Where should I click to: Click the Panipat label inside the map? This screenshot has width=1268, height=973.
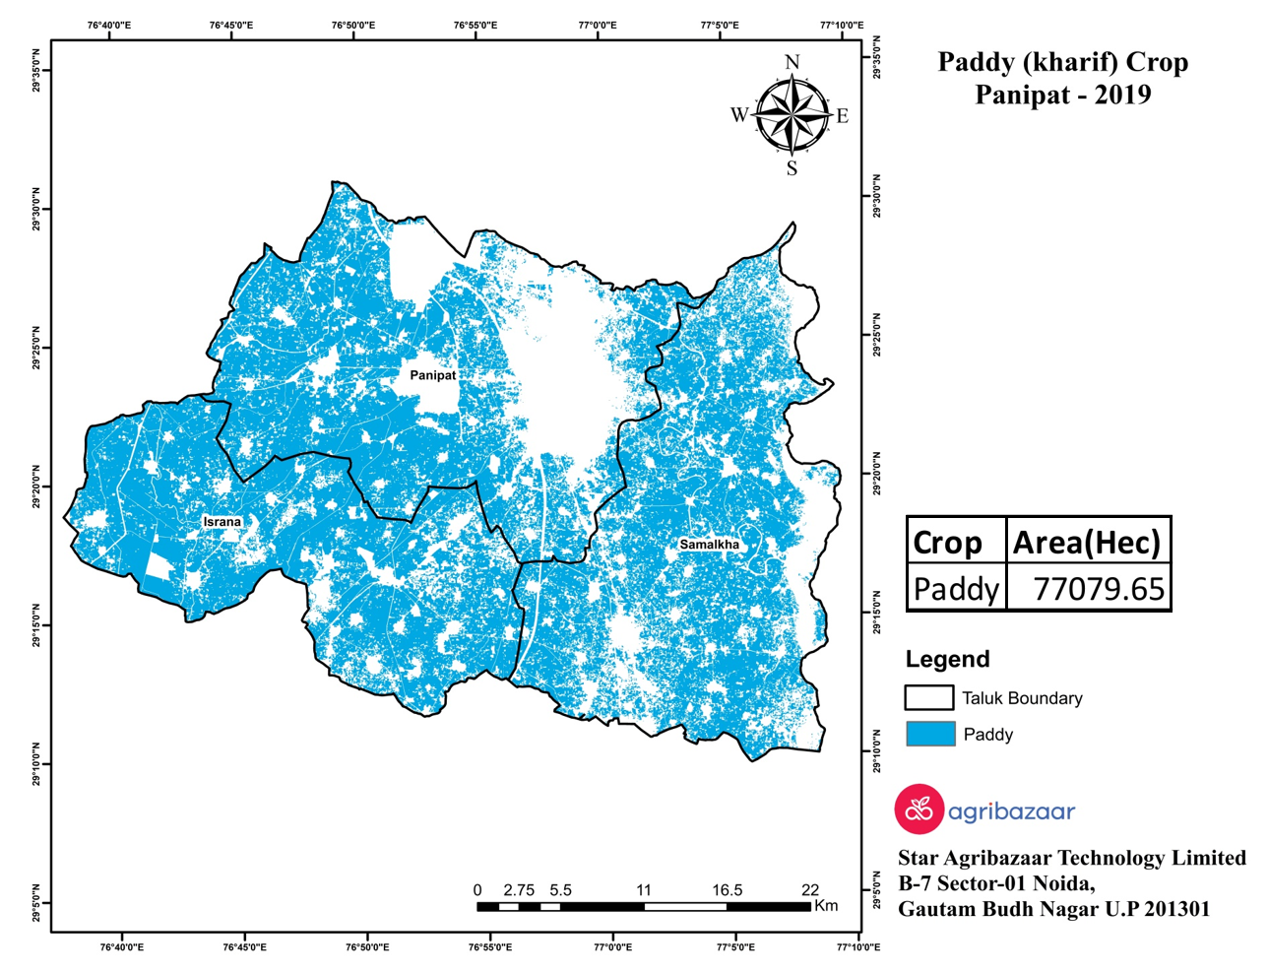tap(432, 375)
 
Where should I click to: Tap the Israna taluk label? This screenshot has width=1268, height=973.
tap(222, 521)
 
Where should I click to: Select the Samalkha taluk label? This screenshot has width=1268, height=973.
tap(709, 544)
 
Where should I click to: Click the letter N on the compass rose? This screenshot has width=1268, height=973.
tap(792, 63)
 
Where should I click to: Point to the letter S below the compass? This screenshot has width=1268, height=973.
tap(792, 168)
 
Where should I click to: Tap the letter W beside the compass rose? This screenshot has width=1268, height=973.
tap(739, 115)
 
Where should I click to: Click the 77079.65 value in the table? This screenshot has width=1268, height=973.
tap(1099, 589)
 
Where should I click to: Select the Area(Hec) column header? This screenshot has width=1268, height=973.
tap(1087, 543)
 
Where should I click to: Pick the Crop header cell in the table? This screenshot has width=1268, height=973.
tap(947, 543)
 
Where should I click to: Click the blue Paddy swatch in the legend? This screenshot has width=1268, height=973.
tap(929, 734)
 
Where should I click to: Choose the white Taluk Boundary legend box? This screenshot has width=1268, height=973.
tap(928, 697)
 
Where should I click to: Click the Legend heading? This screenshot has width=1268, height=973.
tap(947, 659)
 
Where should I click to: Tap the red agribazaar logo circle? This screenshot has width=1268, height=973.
tap(919, 810)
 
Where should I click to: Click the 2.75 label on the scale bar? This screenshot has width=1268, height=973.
tap(519, 890)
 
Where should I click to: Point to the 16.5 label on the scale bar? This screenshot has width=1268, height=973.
tap(728, 890)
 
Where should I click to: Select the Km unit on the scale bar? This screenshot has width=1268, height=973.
tap(826, 906)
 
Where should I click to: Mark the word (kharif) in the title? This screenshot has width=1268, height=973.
tap(1069, 62)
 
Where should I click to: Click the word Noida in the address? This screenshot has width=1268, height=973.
tap(1059, 883)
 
